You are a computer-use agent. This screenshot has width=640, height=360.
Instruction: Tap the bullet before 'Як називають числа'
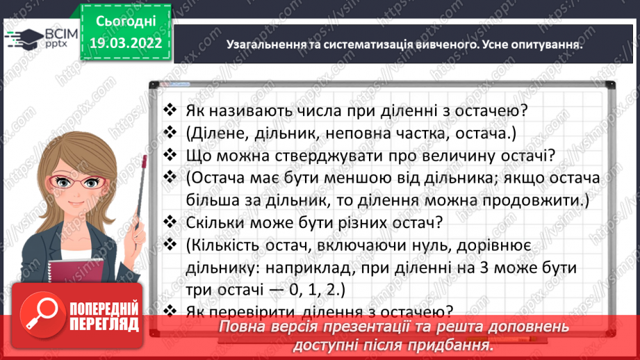tap(170, 110)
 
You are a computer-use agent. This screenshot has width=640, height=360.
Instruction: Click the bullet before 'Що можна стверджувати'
tap(170, 155)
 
